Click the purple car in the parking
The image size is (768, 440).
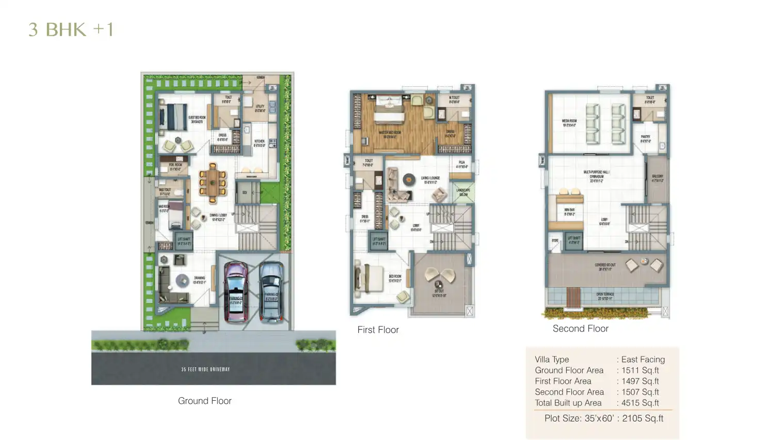[x=236, y=292]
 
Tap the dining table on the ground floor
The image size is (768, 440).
[x=213, y=182]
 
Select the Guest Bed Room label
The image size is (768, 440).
[x=197, y=119]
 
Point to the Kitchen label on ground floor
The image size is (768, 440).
[x=259, y=143]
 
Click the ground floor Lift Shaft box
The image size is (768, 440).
[x=184, y=241]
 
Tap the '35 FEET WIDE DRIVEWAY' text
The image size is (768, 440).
[x=205, y=369]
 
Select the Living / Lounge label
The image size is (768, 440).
[x=430, y=180]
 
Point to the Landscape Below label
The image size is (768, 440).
[x=463, y=192]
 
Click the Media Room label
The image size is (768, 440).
[x=569, y=123]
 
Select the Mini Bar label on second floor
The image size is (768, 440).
[x=569, y=212]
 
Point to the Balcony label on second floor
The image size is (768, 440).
[x=657, y=178]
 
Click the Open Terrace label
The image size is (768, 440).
[x=605, y=296]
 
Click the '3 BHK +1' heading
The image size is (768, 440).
[x=71, y=29]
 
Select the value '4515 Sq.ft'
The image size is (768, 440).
[x=640, y=403]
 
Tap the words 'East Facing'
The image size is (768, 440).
[x=643, y=359]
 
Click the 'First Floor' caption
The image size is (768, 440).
[x=378, y=330]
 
